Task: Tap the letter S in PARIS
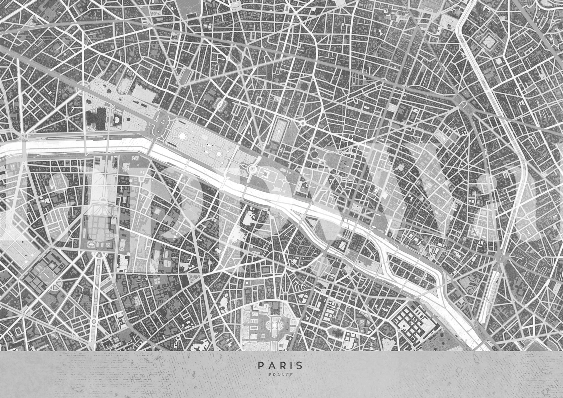click(300, 365)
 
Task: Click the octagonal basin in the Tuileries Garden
click(182, 136)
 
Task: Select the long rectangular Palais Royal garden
click(281, 131)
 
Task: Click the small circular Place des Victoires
click(302, 123)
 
